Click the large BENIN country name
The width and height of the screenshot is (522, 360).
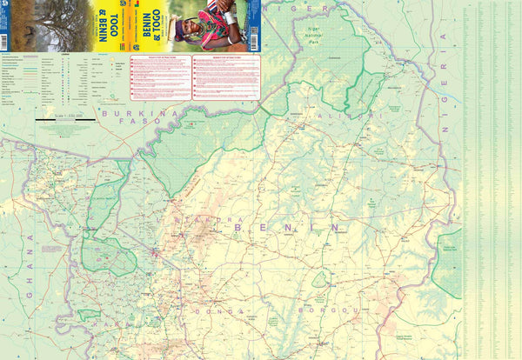click(286, 227)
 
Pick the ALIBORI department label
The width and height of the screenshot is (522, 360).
click(347, 115)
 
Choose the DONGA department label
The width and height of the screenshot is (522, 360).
click(211, 309)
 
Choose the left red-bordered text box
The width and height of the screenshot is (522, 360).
click(160, 77)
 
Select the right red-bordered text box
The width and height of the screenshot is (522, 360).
click(224, 77)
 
